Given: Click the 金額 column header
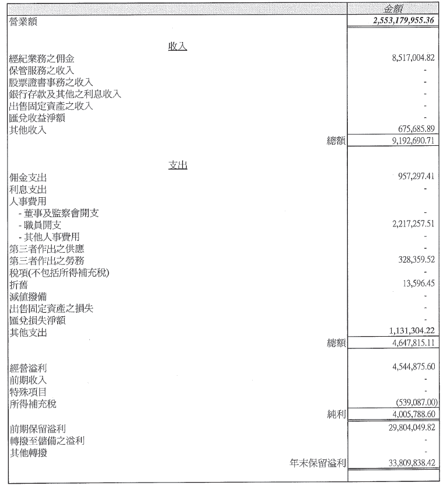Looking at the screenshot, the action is [x=393, y=9].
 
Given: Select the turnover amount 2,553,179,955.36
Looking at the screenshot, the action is [x=403, y=20].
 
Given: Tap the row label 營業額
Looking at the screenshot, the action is [x=23, y=22].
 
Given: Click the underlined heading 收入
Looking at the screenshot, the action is [x=177, y=47].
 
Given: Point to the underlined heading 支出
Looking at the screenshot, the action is [x=178, y=165].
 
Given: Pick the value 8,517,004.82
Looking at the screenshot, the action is [x=413, y=58].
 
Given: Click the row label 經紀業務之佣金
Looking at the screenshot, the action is [x=42, y=58].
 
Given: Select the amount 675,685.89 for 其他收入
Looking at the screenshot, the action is [x=416, y=128].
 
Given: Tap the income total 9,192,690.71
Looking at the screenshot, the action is [x=413, y=141].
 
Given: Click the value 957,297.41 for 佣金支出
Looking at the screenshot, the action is [x=416, y=176].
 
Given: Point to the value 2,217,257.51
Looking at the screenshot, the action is [x=413, y=223].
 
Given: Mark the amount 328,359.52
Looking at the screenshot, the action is [x=416, y=260].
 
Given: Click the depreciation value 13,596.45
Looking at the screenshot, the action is [x=418, y=283].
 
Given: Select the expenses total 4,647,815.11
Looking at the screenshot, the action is [x=413, y=343].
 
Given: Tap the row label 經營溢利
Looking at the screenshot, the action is [x=28, y=368].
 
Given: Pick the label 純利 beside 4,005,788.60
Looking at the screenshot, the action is [x=336, y=414].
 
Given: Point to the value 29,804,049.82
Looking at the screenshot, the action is [x=411, y=427].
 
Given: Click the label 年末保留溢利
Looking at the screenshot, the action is [x=318, y=463].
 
